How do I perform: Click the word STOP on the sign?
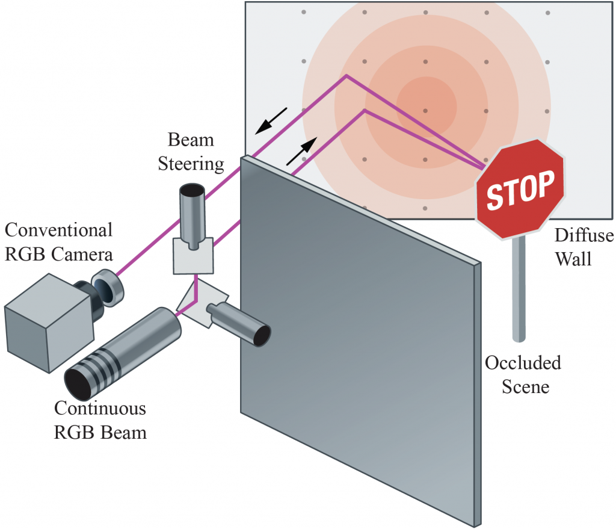click(520, 190)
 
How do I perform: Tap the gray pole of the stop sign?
click(519, 289)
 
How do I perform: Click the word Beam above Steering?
click(191, 140)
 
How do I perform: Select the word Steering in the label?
click(191, 164)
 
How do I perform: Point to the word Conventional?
click(58, 230)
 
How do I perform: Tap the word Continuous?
click(100, 408)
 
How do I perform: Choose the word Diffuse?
click(584, 235)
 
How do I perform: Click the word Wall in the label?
click(573, 259)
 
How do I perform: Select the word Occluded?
click(523, 363)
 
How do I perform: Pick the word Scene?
click(525, 387)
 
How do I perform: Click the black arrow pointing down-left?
click(271, 121)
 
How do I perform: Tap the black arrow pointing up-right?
click(302, 151)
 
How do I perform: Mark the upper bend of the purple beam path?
click(346, 76)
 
